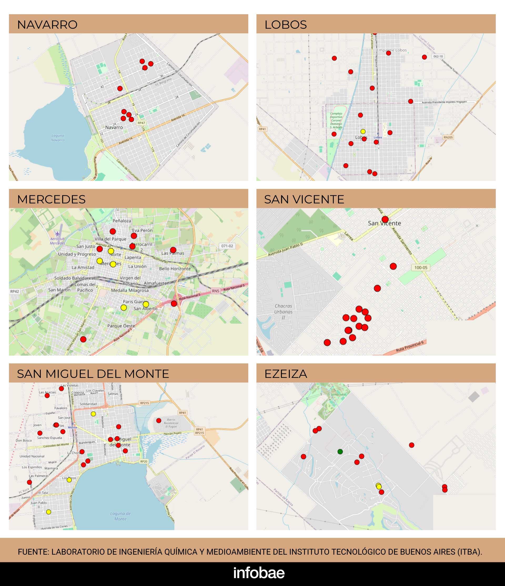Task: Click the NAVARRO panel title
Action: click(x=47, y=25)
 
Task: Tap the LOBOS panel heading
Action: click(x=286, y=25)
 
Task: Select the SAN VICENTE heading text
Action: click(x=304, y=199)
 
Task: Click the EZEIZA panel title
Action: click(x=286, y=374)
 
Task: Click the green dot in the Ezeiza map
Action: click(x=340, y=452)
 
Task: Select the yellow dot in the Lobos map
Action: click(x=363, y=132)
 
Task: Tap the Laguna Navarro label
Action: click(x=58, y=138)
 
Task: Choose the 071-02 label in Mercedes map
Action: click(x=227, y=246)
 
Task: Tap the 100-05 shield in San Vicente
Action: click(x=421, y=268)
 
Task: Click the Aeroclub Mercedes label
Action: click(x=57, y=241)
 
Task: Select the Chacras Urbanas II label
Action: click(x=283, y=312)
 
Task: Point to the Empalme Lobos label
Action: click(x=391, y=50)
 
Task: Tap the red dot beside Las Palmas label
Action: click(x=173, y=250)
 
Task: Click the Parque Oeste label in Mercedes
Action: click(x=121, y=326)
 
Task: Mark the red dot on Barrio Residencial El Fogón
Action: click(x=159, y=420)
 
